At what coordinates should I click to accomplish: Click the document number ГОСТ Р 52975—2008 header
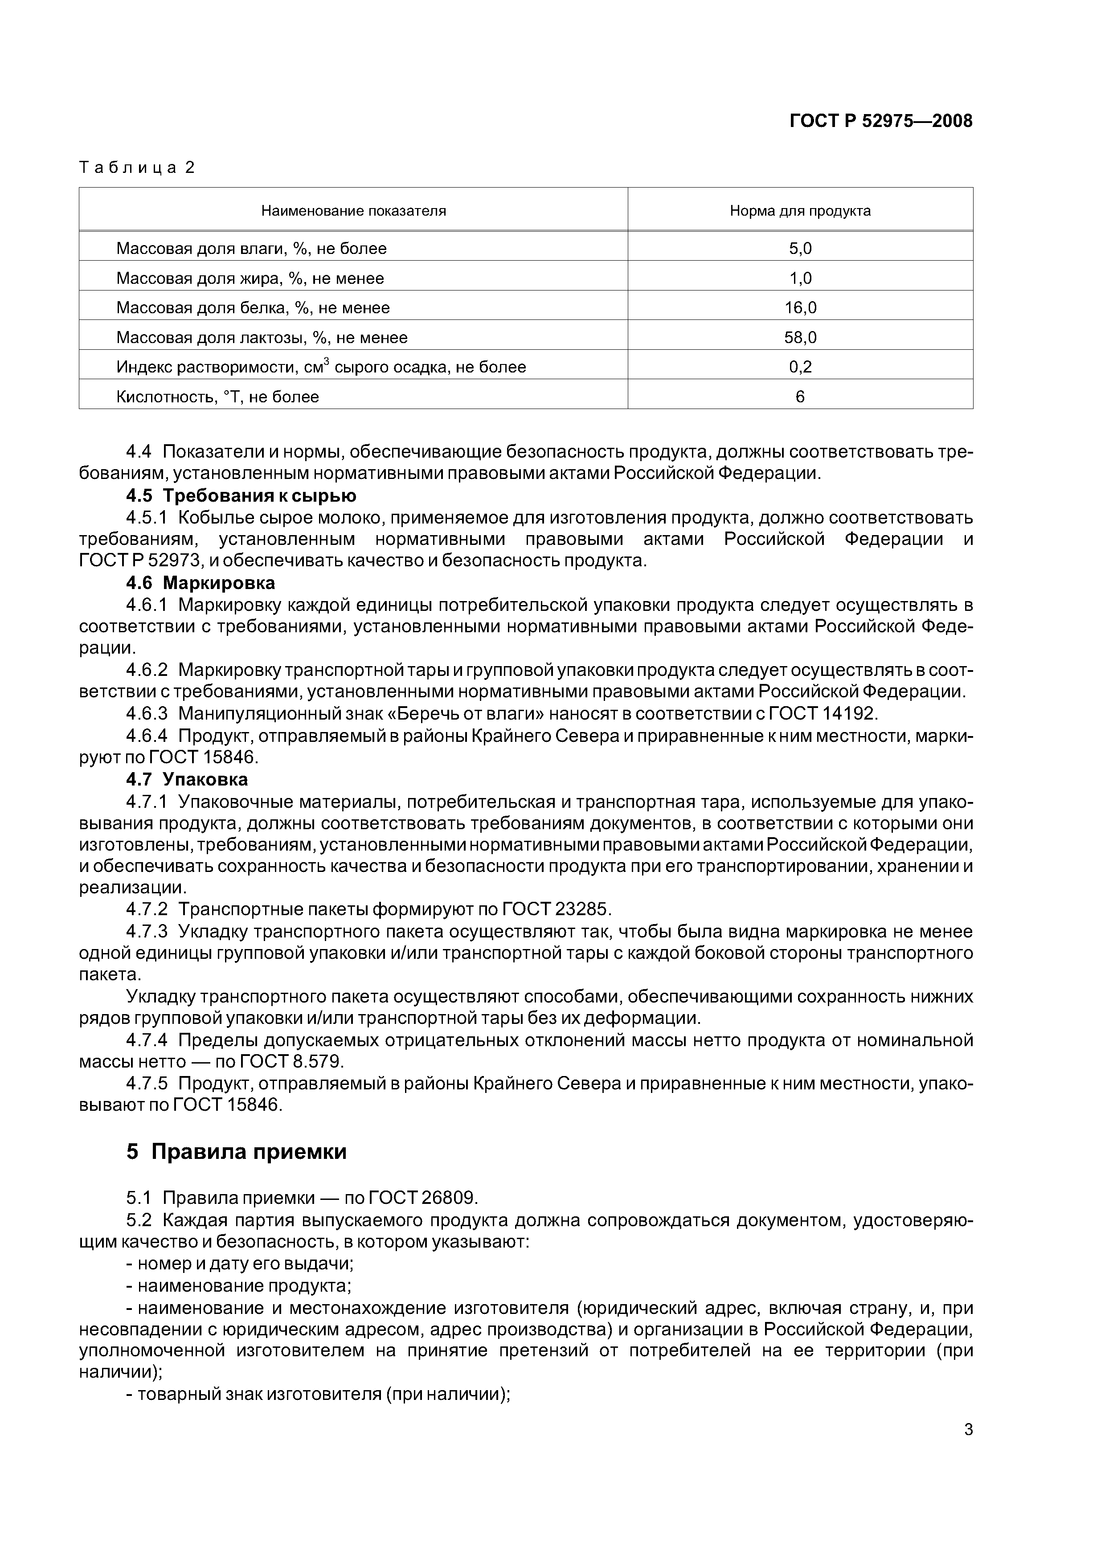tap(880, 121)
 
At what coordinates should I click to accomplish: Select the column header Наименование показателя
tap(353, 211)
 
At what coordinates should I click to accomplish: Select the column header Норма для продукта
tap(800, 211)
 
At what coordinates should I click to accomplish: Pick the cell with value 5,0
tap(800, 249)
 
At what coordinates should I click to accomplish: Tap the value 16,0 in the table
tap(800, 308)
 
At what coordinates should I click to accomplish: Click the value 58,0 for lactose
tap(800, 338)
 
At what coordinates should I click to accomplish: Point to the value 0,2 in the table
tap(800, 368)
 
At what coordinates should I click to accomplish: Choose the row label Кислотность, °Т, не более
tap(217, 397)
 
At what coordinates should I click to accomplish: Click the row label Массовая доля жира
tap(250, 278)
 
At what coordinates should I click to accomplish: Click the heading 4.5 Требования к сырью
tap(241, 495)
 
